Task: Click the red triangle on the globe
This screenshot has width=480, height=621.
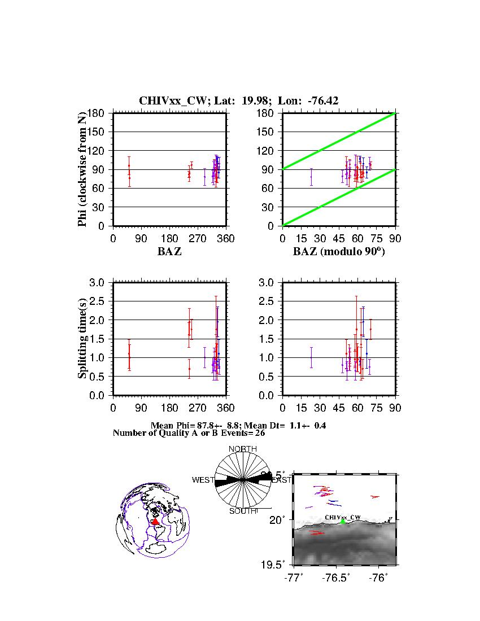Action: [x=155, y=522]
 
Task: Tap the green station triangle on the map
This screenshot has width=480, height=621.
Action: [x=343, y=522]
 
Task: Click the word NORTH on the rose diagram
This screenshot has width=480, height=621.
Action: [x=242, y=449]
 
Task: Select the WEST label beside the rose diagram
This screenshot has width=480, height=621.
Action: [x=203, y=480]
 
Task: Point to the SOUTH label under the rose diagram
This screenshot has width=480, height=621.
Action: [x=242, y=511]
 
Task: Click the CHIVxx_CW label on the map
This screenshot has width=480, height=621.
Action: [x=343, y=517]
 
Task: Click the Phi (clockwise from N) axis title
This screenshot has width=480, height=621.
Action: [x=82, y=169]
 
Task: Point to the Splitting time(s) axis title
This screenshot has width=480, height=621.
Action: [x=82, y=339]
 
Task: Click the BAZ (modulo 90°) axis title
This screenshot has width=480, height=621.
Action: [x=338, y=252]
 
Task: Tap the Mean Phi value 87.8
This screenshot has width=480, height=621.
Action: [x=205, y=425]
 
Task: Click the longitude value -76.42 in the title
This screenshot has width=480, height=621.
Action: [x=323, y=101]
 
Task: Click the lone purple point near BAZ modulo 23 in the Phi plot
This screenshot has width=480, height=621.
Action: [x=311, y=177]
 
